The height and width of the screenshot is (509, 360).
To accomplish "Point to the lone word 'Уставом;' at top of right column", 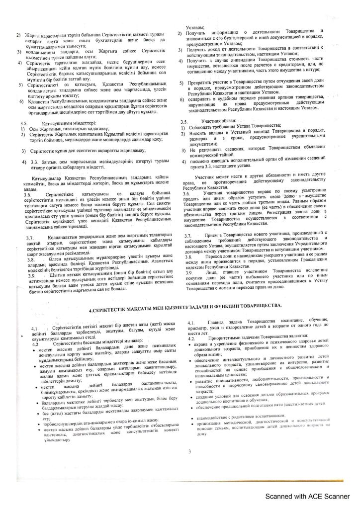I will click(196, 27).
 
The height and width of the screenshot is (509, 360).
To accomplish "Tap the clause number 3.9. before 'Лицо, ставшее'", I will click(189, 273).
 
